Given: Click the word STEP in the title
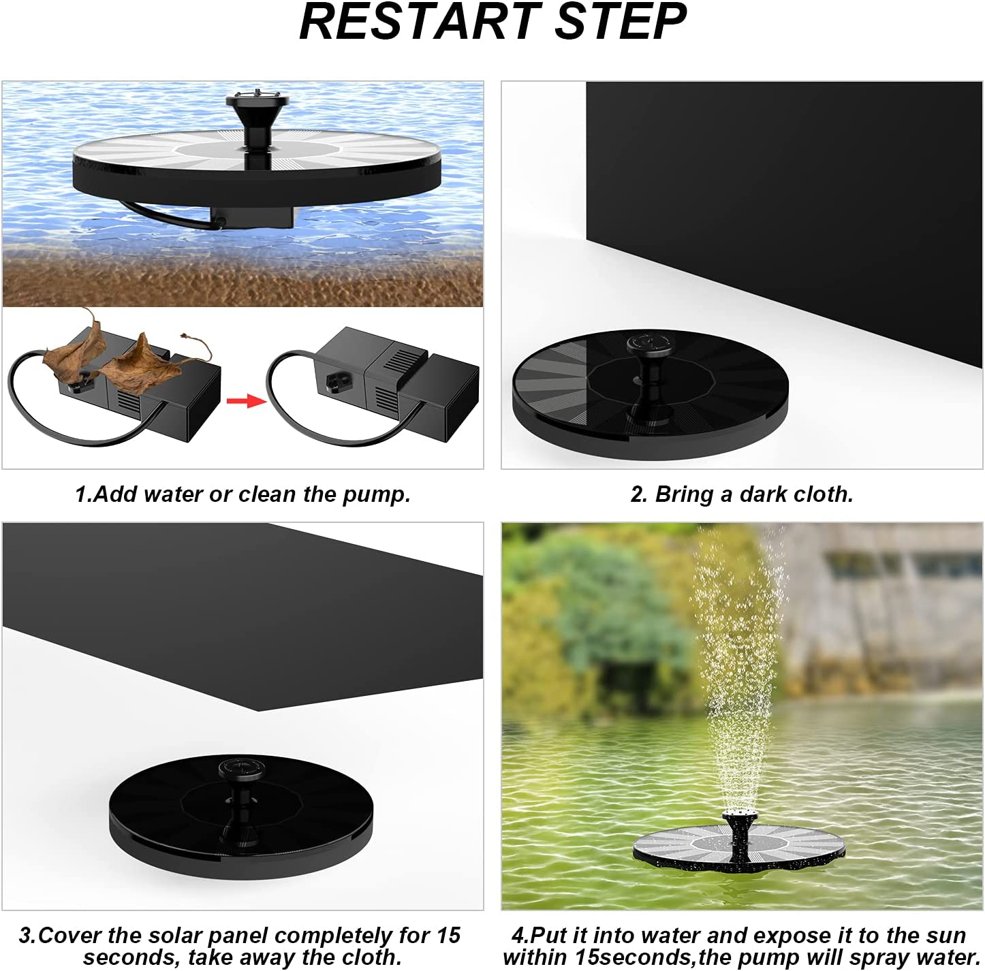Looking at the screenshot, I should click(621, 22).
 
